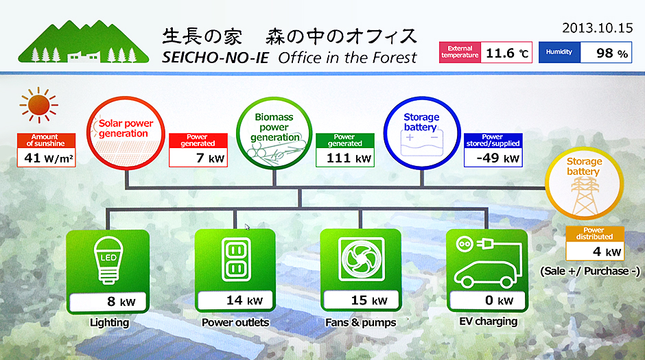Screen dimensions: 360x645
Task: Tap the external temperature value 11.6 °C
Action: [x=507, y=53]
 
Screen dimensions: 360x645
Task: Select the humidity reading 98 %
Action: [x=606, y=53]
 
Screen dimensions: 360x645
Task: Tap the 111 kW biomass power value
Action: [x=345, y=158]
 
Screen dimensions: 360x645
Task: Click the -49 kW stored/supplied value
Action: [x=493, y=158]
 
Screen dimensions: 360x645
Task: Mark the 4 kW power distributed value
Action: [x=594, y=252]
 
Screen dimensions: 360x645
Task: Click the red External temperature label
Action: [x=460, y=53]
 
